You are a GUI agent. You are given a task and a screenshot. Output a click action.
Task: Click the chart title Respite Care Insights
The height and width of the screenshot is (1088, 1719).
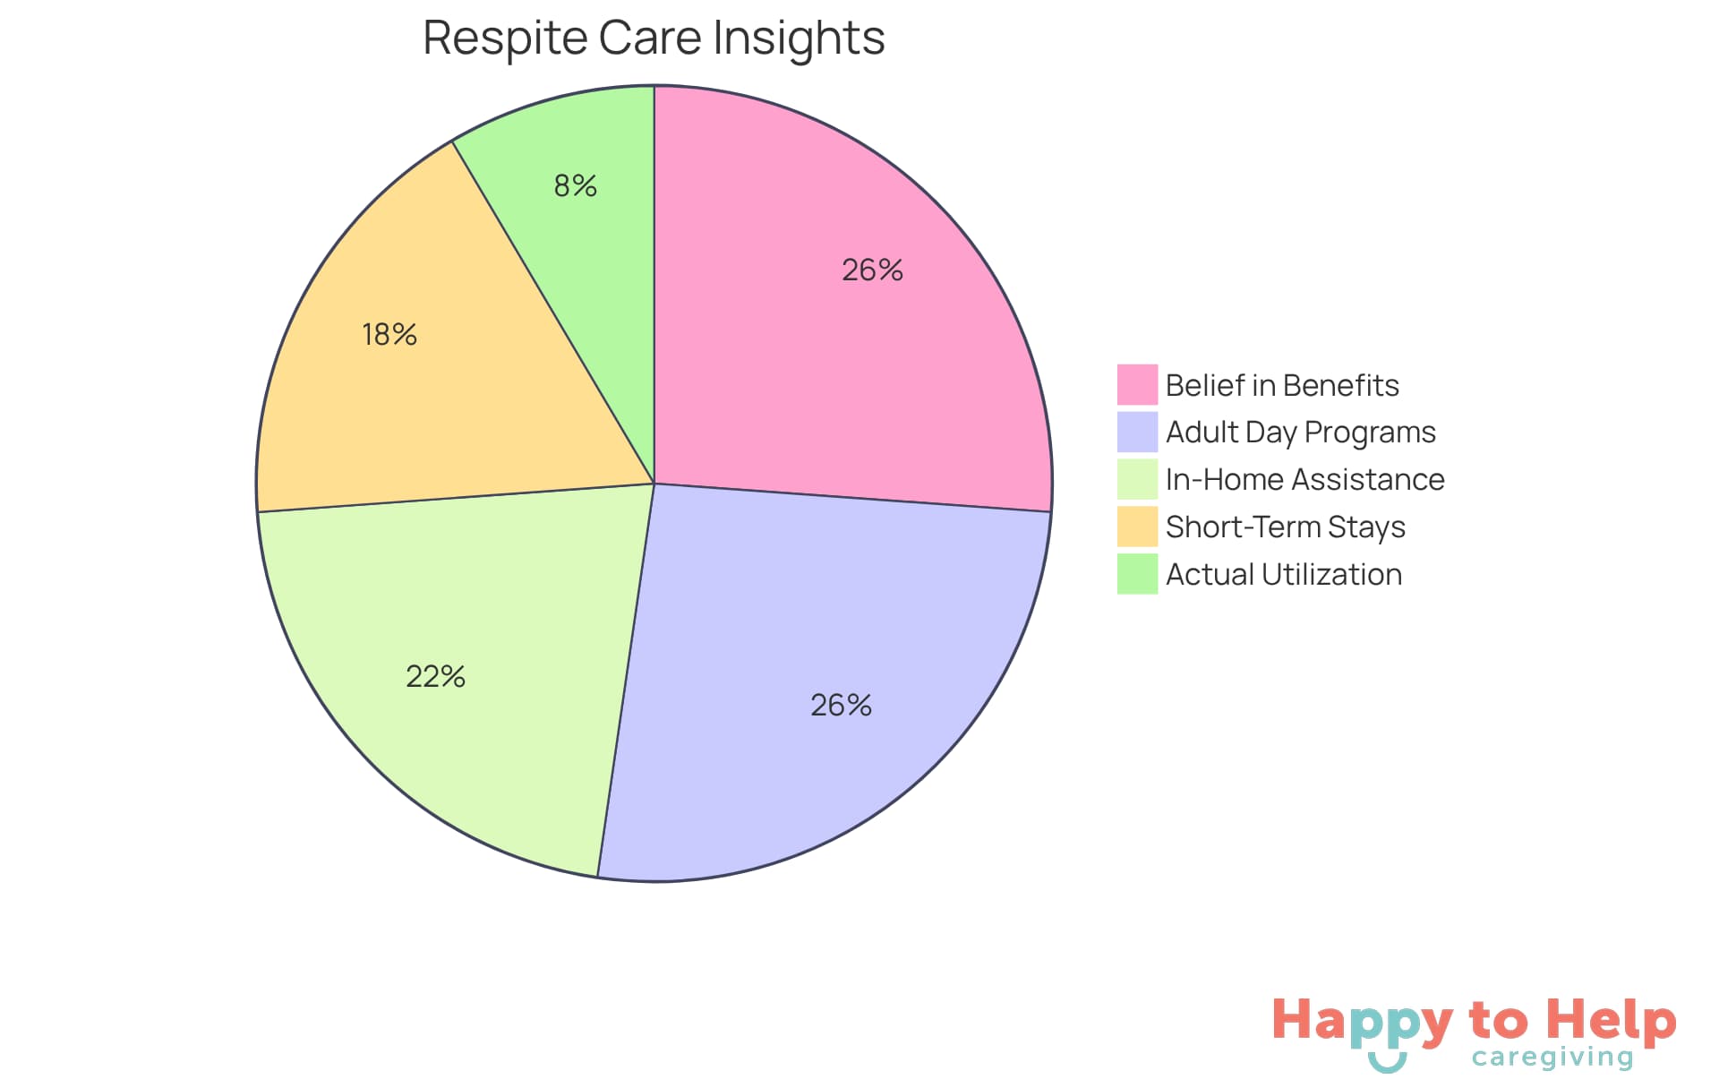click(x=654, y=39)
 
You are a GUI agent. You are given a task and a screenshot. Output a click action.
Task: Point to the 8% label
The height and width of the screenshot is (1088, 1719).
click(x=575, y=185)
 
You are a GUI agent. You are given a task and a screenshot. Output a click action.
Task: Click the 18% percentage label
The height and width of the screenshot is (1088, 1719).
click(x=389, y=334)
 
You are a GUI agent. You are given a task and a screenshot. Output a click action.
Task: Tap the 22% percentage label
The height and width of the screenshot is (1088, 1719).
click(x=435, y=676)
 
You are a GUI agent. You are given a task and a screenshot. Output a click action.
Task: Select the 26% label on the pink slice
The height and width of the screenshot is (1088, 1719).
click(x=872, y=270)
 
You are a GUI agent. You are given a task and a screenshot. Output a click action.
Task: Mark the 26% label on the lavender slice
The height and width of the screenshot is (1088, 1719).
click(x=841, y=705)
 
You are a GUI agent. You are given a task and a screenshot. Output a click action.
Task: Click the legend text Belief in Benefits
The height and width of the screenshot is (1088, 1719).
click(x=1282, y=385)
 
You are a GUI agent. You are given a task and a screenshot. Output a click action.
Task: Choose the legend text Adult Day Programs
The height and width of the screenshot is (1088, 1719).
click(x=1300, y=433)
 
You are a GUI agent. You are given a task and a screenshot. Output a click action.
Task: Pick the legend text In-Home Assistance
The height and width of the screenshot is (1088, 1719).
click(x=1304, y=480)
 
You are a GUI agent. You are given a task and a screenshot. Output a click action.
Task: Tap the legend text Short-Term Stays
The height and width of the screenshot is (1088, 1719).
click(x=1285, y=527)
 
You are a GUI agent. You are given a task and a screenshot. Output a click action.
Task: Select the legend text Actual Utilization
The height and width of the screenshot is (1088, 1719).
click(x=1284, y=574)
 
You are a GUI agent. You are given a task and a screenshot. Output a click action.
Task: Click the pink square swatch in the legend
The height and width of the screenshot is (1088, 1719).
click(x=1137, y=385)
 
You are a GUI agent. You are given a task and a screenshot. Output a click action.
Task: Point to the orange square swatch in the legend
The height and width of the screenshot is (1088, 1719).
click(x=1137, y=527)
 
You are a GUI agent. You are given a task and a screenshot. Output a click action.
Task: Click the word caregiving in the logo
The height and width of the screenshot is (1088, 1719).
click(x=1552, y=1058)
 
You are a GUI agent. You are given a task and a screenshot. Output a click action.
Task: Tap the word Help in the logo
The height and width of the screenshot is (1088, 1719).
click(x=1612, y=1021)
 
